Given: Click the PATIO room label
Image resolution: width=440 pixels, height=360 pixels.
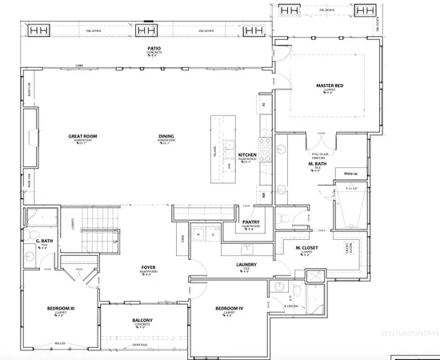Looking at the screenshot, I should pos(154,48).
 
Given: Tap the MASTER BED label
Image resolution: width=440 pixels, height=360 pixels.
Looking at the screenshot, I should pos(330,86).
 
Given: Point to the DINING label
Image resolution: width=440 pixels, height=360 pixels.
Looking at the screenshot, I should pos(166,137).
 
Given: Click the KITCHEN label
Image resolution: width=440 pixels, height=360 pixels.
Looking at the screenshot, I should pos(247,154).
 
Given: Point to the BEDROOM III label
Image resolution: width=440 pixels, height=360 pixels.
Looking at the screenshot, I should pos(61,308).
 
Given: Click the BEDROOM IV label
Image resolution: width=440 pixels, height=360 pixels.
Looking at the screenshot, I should pos(229,308).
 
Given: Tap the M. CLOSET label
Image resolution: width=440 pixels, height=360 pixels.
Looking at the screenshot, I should pos(307,248).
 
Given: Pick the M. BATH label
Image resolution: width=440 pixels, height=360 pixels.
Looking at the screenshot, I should pos(317,164).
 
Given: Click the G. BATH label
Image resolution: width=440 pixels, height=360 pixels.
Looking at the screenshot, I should pos(43,239).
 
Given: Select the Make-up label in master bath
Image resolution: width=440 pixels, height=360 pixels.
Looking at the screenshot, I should pos(350,173).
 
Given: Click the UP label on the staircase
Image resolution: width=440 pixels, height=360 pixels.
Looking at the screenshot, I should pos(116,241).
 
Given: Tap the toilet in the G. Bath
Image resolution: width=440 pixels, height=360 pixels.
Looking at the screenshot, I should pos(31,216).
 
